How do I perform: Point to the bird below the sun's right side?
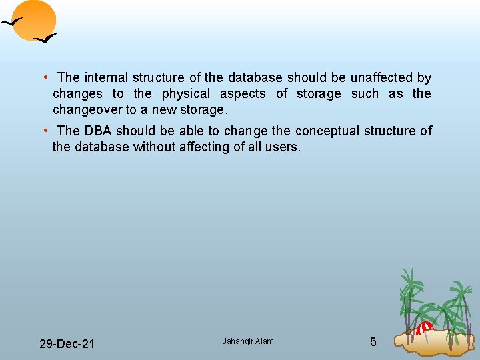[45, 38]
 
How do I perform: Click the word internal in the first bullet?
[107, 78]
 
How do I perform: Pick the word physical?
[186, 94]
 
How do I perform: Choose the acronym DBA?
[97, 131]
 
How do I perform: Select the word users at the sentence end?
[284, 147]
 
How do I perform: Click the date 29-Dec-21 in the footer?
[67, 344]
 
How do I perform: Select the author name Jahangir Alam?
[248, 341]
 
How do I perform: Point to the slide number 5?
[373, 342]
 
